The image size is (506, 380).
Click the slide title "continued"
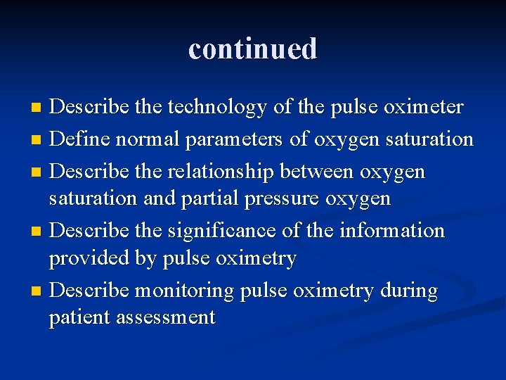click(x=253, y=49)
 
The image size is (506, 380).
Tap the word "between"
click(x=319, y=172)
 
